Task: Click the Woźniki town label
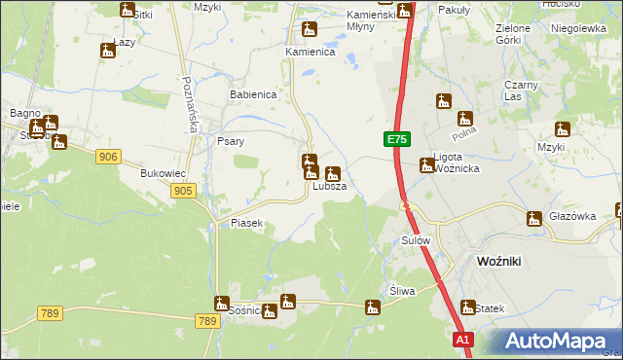[502, 261]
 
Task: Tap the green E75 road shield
[395, 140]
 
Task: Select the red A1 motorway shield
[463, 340]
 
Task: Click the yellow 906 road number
[108, 157]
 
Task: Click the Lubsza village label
[329, 186]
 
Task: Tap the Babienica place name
[253, 95]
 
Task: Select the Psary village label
[230, 141]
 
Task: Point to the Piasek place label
[247, 223]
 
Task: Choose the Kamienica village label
[310, 52]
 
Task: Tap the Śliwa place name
[402, 291]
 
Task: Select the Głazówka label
[571, 217]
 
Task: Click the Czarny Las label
[515, 90]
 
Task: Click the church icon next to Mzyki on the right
[562, 128]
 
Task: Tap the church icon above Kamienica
[310, 29]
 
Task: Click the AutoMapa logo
[554, 342]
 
